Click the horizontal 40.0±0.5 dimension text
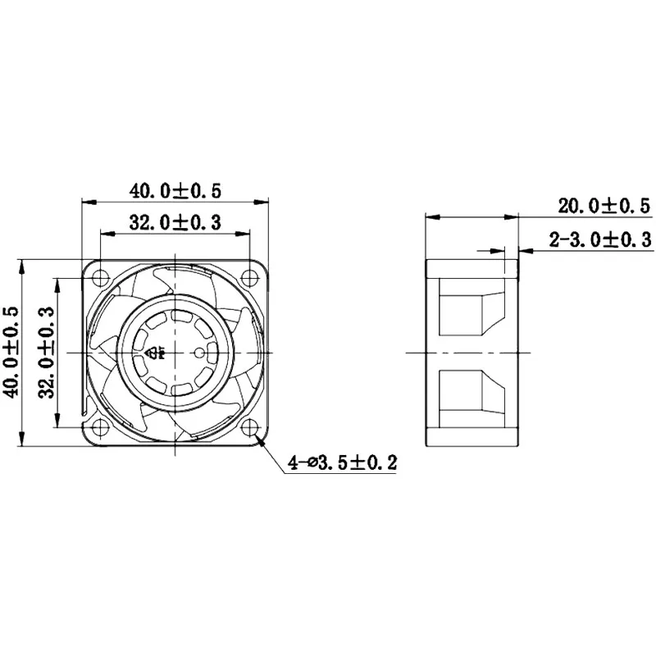pos(175,190)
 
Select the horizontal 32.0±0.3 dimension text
pos(175,222)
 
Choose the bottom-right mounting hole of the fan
pos(251,426)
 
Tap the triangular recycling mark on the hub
pos(154,353)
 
